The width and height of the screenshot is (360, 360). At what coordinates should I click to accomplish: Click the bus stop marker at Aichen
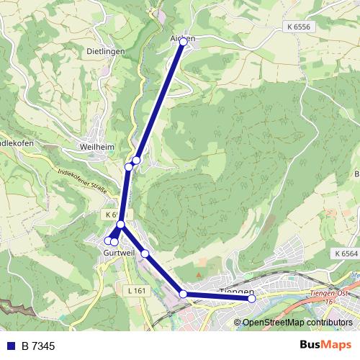[x=183, y=42]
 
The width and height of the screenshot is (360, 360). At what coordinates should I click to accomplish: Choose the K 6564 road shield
[x=346, y=254]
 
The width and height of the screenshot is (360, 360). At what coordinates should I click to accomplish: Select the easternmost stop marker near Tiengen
[x=251, y=298]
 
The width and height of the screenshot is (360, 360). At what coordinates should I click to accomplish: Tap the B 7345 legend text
[x=38, y=346]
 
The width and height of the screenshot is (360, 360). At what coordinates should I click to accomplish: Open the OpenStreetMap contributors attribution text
[x=296, y=322]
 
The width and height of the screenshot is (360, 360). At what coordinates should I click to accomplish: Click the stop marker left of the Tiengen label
[x=184, y=294]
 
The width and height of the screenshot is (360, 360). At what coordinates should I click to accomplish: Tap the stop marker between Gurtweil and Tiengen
[x=145, y=253]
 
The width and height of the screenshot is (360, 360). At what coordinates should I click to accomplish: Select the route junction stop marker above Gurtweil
[x=121, y=225]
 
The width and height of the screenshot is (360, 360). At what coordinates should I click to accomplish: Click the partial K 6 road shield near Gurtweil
[x=111, y=215]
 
